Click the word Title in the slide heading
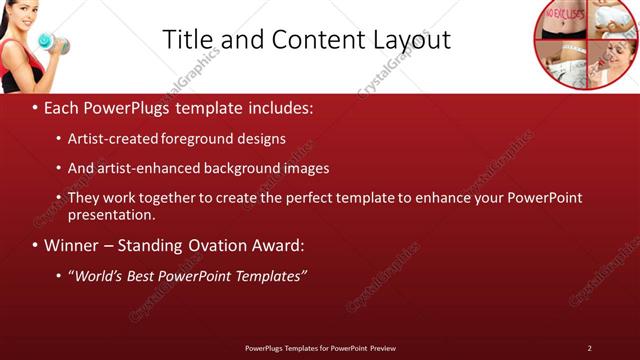click(186, 39)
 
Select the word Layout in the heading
click(407, 39)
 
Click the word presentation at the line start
click(111, 214)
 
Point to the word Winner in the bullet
click(71, 245)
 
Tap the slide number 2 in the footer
click(589, 348)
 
